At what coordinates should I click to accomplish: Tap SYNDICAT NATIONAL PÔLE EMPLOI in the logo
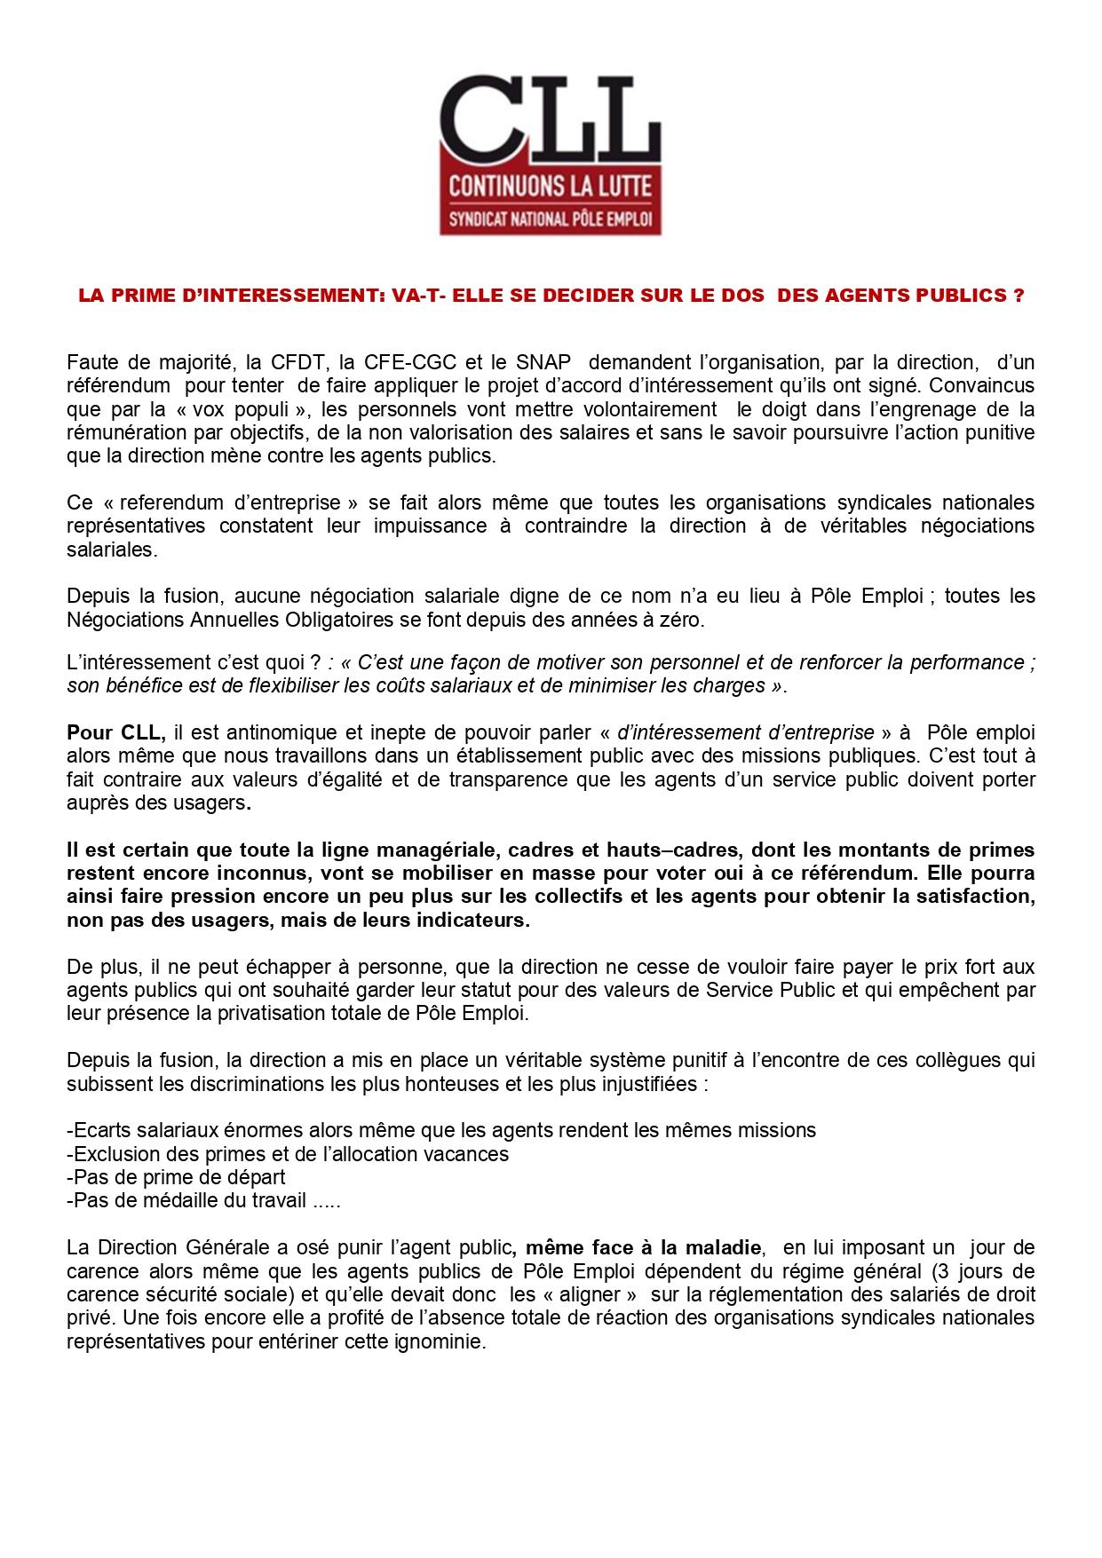pos(551,218)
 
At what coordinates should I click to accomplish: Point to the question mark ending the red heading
pos(1018,296)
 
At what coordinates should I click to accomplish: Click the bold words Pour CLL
pos(115,733)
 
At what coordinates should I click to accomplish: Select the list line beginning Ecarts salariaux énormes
pos(441,1130)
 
